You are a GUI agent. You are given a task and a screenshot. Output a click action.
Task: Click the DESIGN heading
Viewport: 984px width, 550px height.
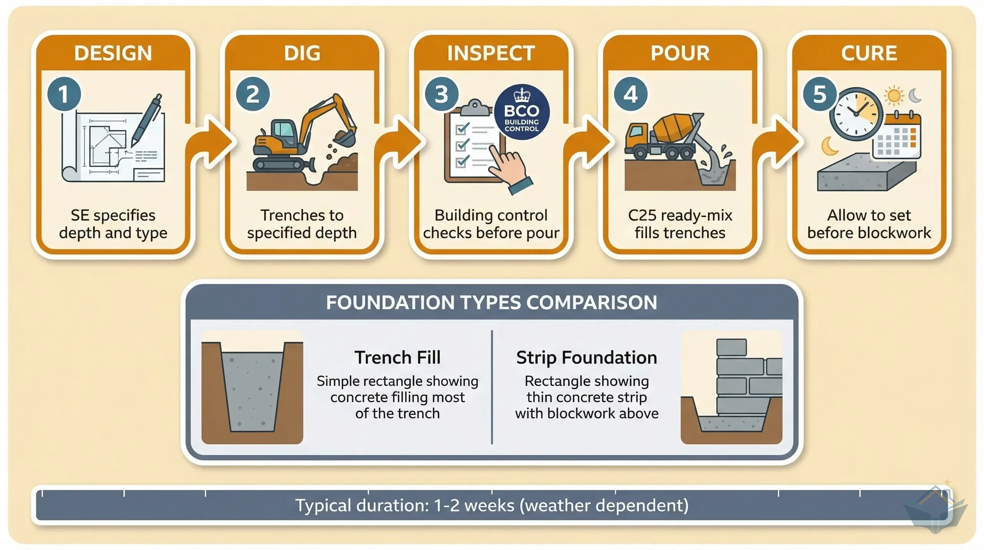(x=113, y=53)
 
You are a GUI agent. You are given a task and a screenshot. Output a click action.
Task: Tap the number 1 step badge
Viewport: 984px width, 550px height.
(x=64, y=94)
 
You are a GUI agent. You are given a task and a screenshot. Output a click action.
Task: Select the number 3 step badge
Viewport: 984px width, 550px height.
(x=442, y=94)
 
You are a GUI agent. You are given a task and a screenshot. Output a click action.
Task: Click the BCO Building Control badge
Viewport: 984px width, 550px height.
(x=522, y=112)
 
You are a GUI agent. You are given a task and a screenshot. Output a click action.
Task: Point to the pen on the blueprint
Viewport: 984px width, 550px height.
(x=146, y=120)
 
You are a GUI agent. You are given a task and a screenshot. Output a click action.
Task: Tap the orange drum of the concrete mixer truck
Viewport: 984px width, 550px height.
(x=673, y=128)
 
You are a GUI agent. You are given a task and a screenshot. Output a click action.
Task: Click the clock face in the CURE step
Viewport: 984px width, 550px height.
(x=856, y=114)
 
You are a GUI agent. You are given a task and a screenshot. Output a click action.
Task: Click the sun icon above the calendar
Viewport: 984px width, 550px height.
(x=894, y=95)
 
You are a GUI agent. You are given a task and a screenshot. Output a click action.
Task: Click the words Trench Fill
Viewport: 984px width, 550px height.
(x=397, y=358)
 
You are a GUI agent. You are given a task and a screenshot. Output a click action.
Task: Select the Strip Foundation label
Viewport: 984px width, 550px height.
(x=587, y=358)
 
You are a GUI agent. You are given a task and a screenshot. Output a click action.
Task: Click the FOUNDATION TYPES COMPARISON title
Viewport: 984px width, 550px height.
(x=492, y=303)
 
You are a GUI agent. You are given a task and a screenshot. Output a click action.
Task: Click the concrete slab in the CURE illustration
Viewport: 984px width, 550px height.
(x=867, y=172)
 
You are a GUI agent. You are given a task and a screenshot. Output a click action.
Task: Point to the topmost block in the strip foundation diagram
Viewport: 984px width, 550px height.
(x=731, y=347)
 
